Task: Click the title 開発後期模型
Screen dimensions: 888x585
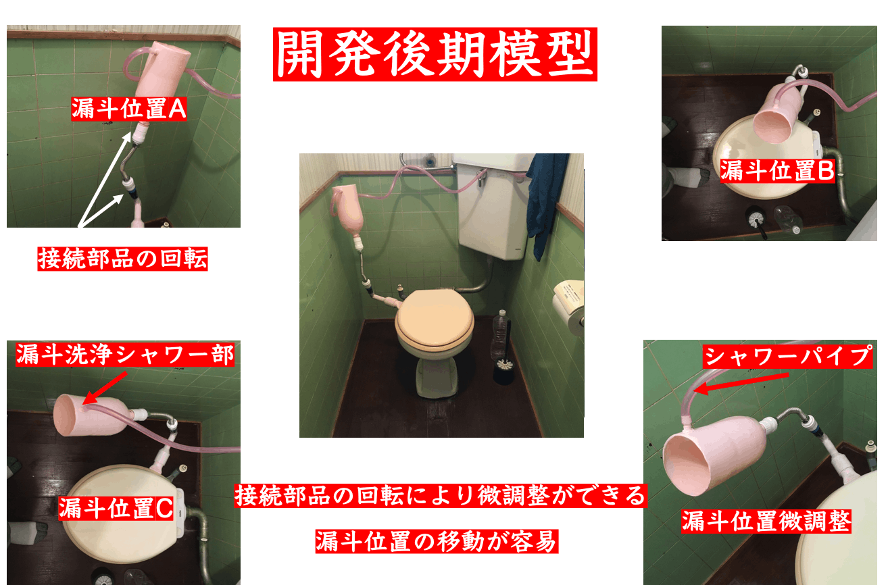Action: [435, 54]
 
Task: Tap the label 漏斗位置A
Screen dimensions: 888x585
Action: [129, 109]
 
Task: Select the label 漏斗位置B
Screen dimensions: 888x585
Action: [777, 171]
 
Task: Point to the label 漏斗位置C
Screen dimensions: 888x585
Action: [116, 508]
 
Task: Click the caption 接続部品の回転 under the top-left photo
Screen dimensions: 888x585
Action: [122, 259]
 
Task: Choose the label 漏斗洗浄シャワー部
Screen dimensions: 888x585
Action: [125, 354]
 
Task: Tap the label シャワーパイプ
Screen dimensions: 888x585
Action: [787, 356]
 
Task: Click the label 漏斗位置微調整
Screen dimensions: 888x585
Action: [766, 522]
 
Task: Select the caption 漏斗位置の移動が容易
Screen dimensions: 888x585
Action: [437, 541]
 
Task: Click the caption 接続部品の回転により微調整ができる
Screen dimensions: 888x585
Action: [441, 496]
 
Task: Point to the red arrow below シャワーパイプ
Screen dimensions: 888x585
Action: [741, 383]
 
